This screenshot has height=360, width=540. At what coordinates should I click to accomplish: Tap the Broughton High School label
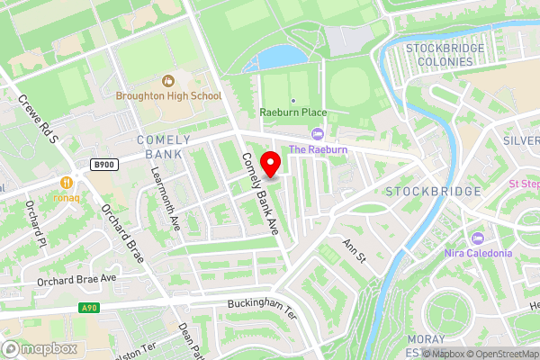click(168, 95)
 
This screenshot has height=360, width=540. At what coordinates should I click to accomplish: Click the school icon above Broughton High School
click(168, 81)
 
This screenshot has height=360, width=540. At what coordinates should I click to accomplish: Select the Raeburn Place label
click(292, 112)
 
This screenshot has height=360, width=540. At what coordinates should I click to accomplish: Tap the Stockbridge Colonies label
click(439, 54)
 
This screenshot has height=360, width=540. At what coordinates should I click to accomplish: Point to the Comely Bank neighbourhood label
click(163, 147)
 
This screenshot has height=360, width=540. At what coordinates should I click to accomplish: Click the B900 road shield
click(104, 165)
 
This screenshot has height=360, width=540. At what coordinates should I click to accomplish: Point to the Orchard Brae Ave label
click(77, 280)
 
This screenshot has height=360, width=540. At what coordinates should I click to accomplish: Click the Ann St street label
click(355, 250)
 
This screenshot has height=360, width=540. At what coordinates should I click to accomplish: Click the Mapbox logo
click(40, 348)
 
